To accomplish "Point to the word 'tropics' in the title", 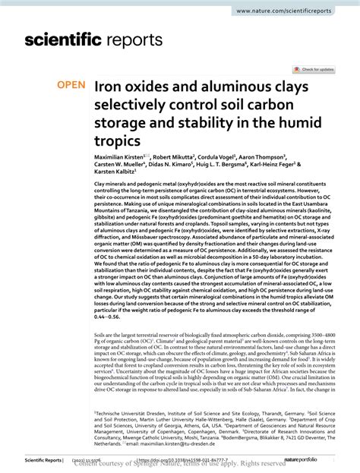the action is tap(118, 141).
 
